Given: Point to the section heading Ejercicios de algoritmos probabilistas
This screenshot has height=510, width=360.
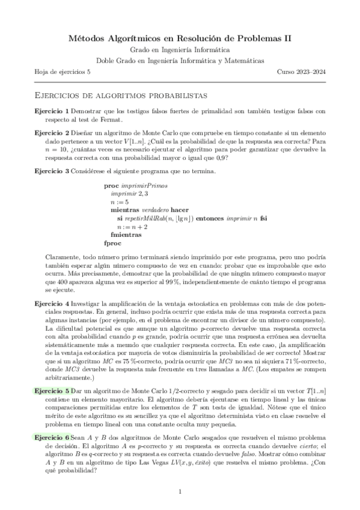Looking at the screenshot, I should [x=121, y=95].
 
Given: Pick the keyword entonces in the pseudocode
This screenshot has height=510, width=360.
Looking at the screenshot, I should [x=212, y=218].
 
